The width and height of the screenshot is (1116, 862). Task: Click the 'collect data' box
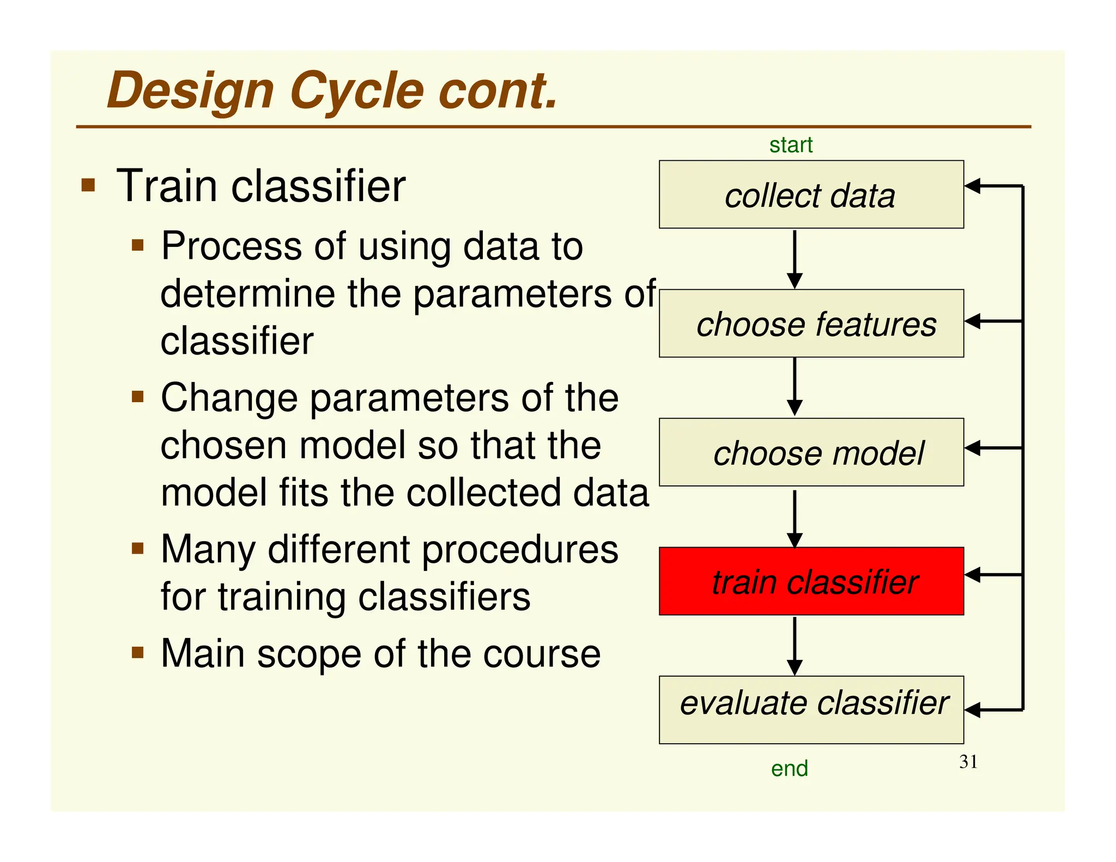tap(811, 195)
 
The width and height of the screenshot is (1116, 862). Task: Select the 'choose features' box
tap(811, 324)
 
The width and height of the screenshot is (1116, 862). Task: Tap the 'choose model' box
tap(811, 452)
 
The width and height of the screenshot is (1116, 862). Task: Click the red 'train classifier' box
tap(811, 581)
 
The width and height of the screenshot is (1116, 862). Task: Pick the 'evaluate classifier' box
tap(811, 710)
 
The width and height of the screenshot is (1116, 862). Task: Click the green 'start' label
tap(791, 145)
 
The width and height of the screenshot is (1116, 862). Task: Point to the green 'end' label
tap(789, 769)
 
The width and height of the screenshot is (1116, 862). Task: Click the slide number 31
tap(968, 762)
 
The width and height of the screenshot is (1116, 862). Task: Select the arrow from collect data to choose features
tap(794, 259)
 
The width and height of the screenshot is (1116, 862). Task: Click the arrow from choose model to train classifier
tap(794, 518)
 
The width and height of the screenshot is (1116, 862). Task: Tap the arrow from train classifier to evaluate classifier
tap(794, 646)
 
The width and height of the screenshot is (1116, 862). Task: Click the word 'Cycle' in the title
tap(356, 91)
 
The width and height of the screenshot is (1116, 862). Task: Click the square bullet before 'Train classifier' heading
tap(88, 185)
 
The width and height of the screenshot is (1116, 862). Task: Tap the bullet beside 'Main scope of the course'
tap(138, 652)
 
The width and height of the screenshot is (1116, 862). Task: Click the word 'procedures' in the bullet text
tap(520, 549)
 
